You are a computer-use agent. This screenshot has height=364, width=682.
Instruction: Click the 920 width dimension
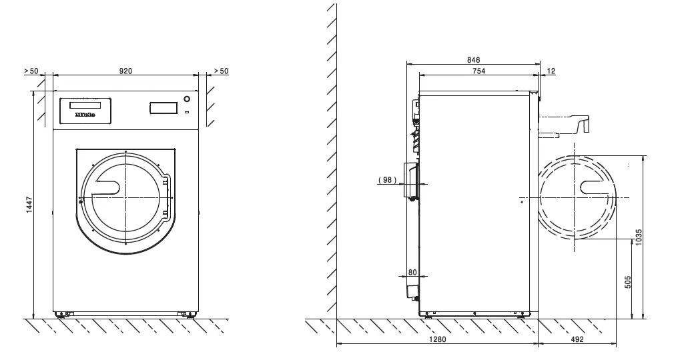coord(126,70)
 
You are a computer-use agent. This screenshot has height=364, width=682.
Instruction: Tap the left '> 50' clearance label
coord(31,70)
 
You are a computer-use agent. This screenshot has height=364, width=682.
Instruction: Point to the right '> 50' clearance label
coord(220,70)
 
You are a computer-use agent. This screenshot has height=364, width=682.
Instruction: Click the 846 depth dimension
coord(474,60)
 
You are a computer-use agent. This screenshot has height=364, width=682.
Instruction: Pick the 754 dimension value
coord(478,70)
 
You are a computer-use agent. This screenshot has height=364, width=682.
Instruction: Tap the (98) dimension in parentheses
coord(388,180)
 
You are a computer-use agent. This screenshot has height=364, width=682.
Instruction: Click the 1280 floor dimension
coord(436,339)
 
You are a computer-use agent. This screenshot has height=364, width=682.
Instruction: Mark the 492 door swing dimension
coord(577,339)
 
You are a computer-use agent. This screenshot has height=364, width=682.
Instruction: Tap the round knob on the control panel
coord(186,98)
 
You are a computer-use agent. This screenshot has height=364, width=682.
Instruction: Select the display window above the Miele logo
coord(85,105)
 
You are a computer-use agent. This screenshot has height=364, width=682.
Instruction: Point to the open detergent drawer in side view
coord(566,123)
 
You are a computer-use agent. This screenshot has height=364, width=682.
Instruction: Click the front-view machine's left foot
coord(63,313)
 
